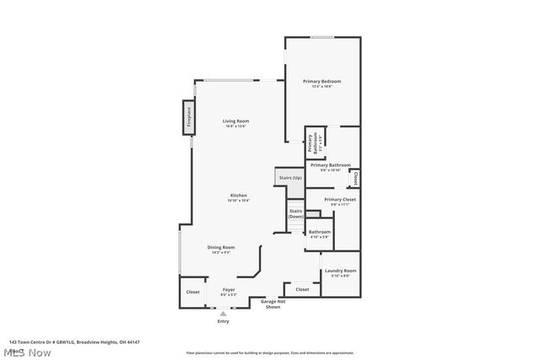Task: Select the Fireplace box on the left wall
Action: pos(189,116)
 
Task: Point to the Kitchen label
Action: pos(239,197)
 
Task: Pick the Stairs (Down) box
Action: pos(295,214)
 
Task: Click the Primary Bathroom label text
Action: pos(330,166)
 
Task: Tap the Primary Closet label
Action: pos(340,201)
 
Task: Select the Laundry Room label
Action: pos(340,272)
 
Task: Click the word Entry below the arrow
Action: pos(224,321)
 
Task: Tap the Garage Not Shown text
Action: pos(273,304)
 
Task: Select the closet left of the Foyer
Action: pos(193,293)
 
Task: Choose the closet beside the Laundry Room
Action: pos(302,289)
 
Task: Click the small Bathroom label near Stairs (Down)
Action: pos(319,234)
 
